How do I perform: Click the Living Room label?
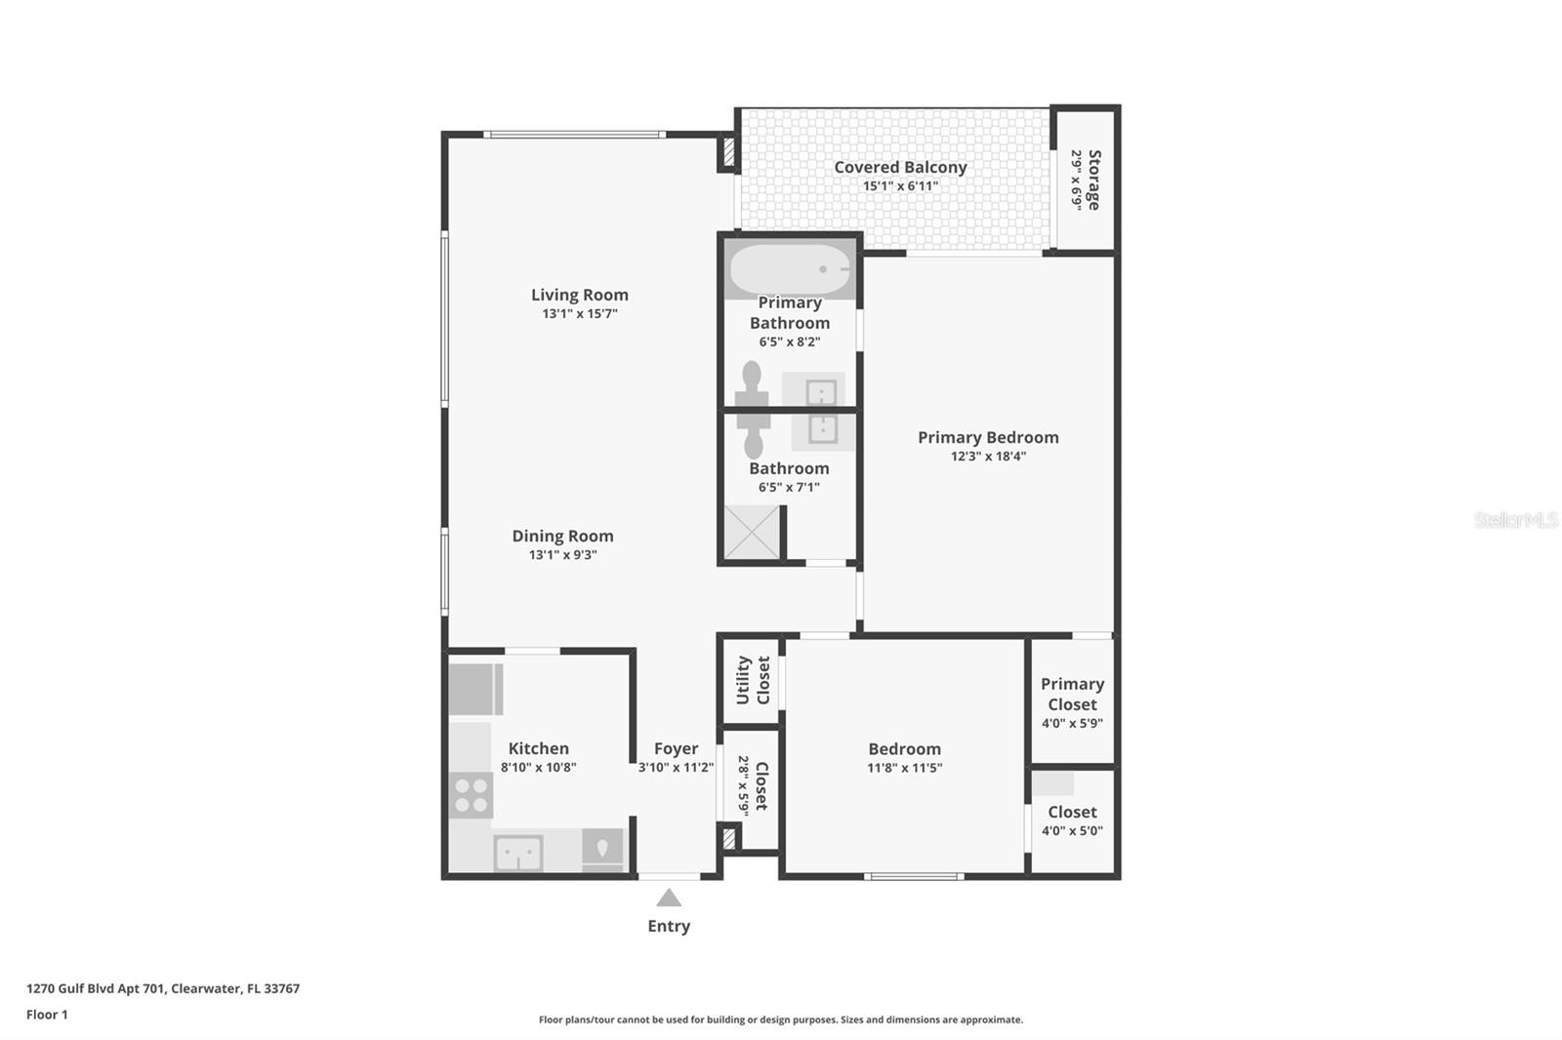pos(579,295)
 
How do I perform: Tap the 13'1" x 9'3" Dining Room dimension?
pos(562,555)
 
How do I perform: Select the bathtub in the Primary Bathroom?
pos(790,269)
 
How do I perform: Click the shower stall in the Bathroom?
pos(753,533)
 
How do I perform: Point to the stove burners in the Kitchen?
pos(471,794)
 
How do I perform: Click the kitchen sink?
pos(517,853)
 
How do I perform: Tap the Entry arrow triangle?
pos(669,898)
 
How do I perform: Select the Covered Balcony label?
pos(900,167)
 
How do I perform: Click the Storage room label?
pos(1093,180)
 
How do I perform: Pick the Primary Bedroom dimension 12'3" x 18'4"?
pos(988,457)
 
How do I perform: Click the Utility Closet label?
pos(753,680)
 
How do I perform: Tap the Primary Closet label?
pos(1072,694)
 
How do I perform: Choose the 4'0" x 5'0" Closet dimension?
pos(1072,831)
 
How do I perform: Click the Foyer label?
pos(676,748)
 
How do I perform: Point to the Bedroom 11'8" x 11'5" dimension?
pos(904,768)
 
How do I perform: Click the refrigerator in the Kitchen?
pos(475,689)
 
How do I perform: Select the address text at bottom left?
pos(163,988)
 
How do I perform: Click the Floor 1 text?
pos(47,1015)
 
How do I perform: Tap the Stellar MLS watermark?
pos(1515,520)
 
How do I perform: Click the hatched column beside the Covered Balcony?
pos(727,153)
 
